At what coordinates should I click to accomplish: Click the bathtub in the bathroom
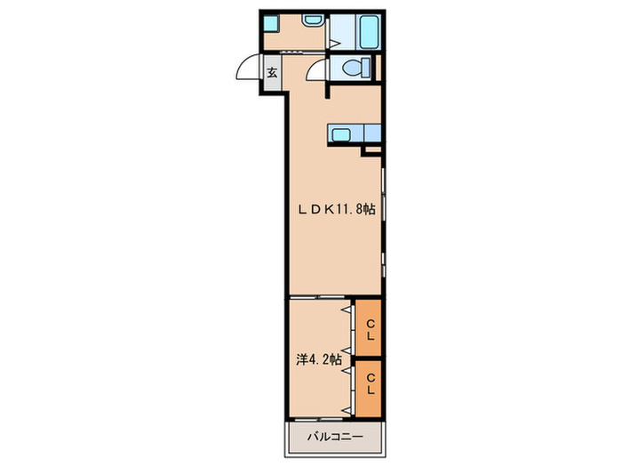click(x=369, y=32)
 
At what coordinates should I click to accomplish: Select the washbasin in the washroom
click(x=313, y=20)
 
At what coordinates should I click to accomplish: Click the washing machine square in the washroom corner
click(x=271, y=23)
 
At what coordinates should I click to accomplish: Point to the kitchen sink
click(x=340, y=134)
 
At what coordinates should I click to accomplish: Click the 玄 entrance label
click(x=272, y=73)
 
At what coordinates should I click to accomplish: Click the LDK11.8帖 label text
click(x=337, y=209)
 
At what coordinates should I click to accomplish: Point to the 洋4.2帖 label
click(x=318, y=359)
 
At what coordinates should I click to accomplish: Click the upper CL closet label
click(x=371, y=330)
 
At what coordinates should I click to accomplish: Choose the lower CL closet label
click(x=371, y=383)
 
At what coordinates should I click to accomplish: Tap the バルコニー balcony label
click(x=335, y=438)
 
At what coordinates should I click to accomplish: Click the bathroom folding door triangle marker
click(x=333, y=43)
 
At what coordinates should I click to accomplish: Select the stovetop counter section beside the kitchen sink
click(x=372, y=133)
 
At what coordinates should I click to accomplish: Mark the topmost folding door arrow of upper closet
click(x=347, y=309)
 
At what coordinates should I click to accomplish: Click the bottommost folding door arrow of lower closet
click(x=347, y=411)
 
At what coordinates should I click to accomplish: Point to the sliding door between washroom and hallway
click(x=294, y=52)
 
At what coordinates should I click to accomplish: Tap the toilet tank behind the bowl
click(x=366, y=68)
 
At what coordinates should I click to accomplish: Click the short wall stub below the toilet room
click(x=328, y=91)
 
